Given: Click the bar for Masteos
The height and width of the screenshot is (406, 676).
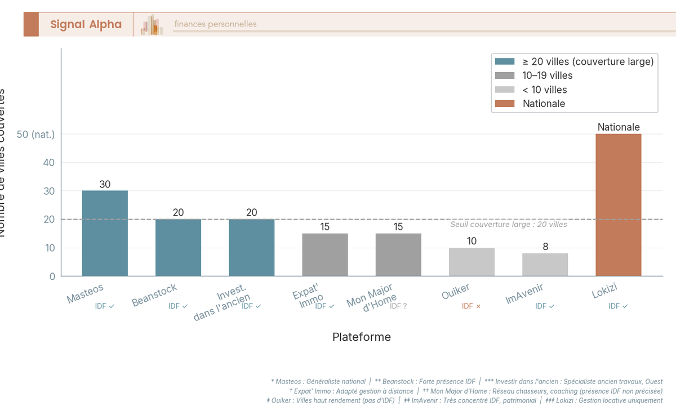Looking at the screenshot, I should [105, 233].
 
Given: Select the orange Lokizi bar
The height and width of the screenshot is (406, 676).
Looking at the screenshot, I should [618, 205].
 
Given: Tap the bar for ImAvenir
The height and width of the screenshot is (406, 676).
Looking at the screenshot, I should [545, 265].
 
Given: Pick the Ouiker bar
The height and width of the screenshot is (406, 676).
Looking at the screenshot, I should [472, 262].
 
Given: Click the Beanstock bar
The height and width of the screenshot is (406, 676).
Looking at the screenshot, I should [178, 248].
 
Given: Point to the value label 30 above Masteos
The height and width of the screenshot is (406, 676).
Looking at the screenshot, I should [105, 184].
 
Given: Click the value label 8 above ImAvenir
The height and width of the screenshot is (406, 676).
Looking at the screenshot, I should [545, 247].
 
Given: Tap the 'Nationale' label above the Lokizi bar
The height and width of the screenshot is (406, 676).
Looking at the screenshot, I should [618, 127].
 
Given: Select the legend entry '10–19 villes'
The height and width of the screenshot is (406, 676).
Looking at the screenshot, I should [547, 75].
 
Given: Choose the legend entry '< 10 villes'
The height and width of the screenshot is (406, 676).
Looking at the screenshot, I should [544, 90].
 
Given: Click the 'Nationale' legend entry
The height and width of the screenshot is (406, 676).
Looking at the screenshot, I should [543, 104].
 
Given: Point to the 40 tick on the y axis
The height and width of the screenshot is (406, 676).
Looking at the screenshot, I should [49, 163].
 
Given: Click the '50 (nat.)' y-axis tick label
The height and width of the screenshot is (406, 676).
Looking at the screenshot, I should [36, 135].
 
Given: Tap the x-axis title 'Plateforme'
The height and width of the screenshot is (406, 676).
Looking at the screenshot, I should [361, 337].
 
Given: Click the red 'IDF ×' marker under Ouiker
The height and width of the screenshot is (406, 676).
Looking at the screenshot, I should [471, 306].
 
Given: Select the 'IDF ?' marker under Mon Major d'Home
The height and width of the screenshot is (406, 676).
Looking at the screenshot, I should [398, 306].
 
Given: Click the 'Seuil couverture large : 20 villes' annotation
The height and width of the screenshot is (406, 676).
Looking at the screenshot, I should [509, 225].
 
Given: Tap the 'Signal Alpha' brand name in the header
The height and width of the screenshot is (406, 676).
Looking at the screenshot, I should [86, 24].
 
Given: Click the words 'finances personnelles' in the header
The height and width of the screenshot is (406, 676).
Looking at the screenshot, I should [215, 24].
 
